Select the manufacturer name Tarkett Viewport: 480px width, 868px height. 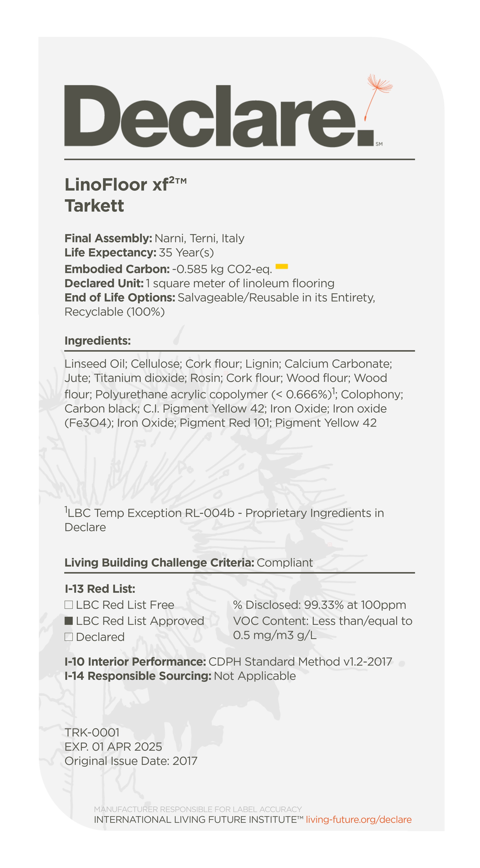point(94,206)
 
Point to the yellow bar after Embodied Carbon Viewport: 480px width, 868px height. point(282,267)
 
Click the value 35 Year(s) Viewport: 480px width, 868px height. point(186,252)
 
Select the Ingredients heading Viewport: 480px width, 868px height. point(97,341)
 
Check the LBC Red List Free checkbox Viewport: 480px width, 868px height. point(69,605)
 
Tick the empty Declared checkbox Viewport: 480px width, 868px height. point(69,637)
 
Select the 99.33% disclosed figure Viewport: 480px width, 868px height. point(324,605)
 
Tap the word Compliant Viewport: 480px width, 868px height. point(285,563)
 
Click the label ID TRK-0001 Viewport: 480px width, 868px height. point(92,733)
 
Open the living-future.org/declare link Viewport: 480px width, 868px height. point(359,819)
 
